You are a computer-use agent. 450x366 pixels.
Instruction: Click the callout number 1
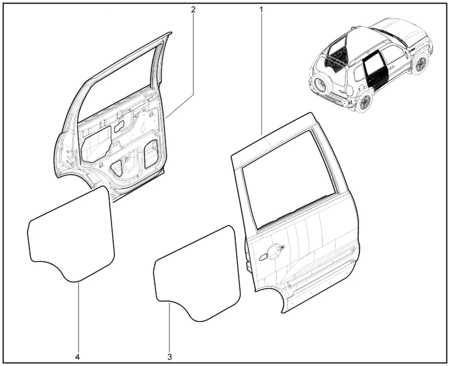pyautogui.click(x=261, y=9)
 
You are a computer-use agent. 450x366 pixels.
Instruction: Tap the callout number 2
pyautogui.click(x=193, y=9)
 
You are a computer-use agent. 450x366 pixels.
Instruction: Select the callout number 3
pyautogui.click(x=169, y=357)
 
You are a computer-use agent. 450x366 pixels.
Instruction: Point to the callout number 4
pyautogui.click(x=78, y=357)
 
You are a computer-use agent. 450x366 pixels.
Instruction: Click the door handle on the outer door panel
pyautogui.click(x=272, y=251)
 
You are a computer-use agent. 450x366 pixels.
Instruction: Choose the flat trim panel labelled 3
pyautogui.click(x=197, y=272)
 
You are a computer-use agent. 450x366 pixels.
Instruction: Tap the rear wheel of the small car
pyautogui.click(x=364, y=102)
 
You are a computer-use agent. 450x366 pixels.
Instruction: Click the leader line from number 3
pyautogui.click(x=169, y=327)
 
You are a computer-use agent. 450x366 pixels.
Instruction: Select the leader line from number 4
pyautogui.click(x=78, y=317)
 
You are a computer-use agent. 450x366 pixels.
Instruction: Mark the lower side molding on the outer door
pyautogui.click(x=321, y=272)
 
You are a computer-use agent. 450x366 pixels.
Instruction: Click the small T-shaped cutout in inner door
pyautogui.click(x=119, y=126)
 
